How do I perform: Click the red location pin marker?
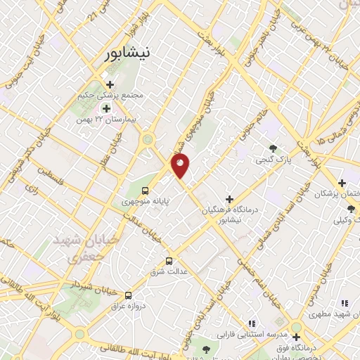point(181,165)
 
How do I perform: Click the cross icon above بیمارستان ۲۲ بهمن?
point(107,108)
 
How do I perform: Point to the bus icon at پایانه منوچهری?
point(145,190)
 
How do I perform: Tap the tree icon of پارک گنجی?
point(273,148)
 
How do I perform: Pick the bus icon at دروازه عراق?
point(128,295)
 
